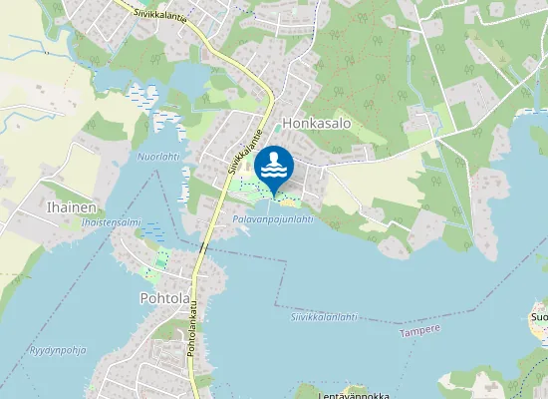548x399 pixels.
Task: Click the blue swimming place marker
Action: [273, 167]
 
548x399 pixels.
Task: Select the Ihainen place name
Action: [71, 207]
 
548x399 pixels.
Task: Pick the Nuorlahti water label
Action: [157, 157]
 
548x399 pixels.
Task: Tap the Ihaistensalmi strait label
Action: [111, 222]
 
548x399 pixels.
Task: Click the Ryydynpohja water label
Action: [59, 350]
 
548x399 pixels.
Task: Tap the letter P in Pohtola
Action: [146, 298]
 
